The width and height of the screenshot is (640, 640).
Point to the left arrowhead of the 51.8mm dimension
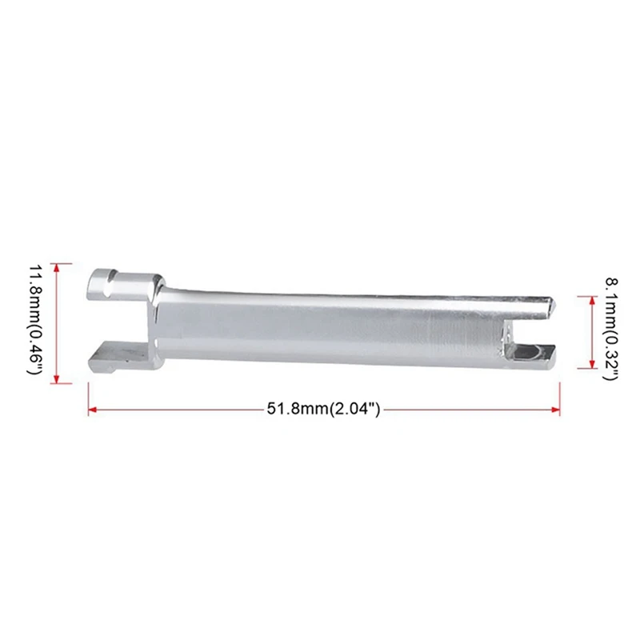pyautogui.click(x=92, y=410)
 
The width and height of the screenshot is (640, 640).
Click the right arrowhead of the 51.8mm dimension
pyautogui.click(x=555, y=410)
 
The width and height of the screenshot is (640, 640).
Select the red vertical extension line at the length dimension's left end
pyautogui.click(x=88, y=398)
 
